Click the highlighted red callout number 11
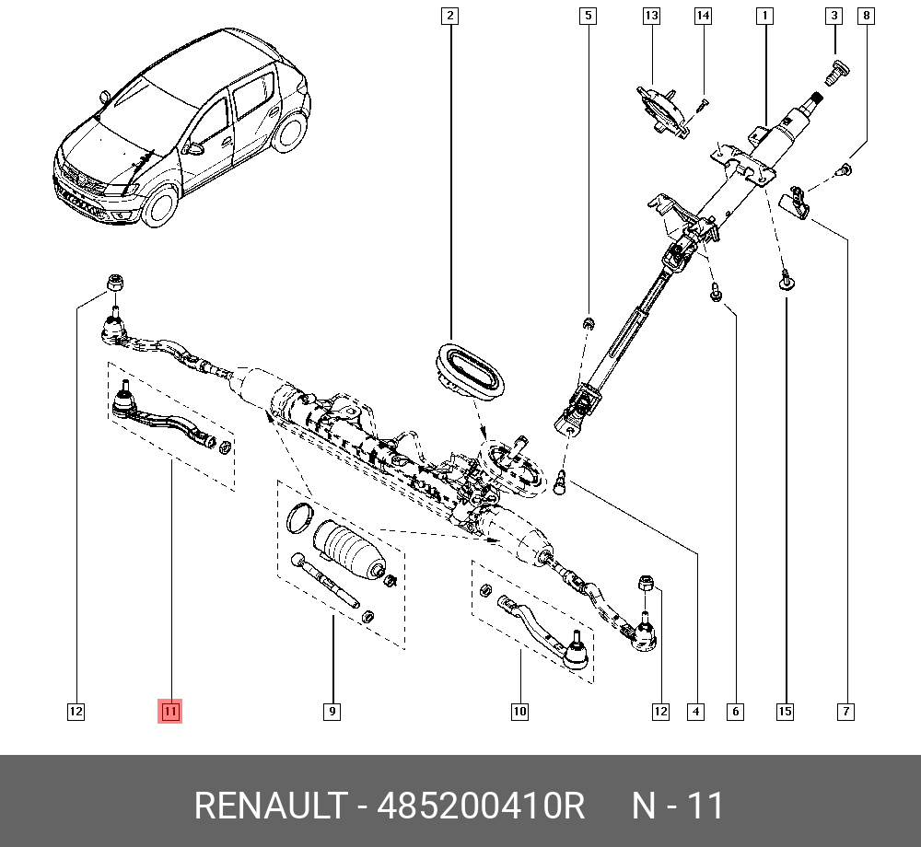pos(171,711)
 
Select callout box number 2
pos(449,16)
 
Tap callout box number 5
pos(588,16)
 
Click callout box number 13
pos(651,16)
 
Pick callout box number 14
pos(703,16)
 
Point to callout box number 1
pos(764,16)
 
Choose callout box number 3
pos(834,16)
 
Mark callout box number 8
pos(866,16)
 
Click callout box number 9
pos(332,711)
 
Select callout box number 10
pos(519,711)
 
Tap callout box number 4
pos(696,711)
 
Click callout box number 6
pos(735,711)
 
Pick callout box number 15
pos(785,711)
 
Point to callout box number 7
pos(845,711)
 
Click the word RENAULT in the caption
pos(270,806)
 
